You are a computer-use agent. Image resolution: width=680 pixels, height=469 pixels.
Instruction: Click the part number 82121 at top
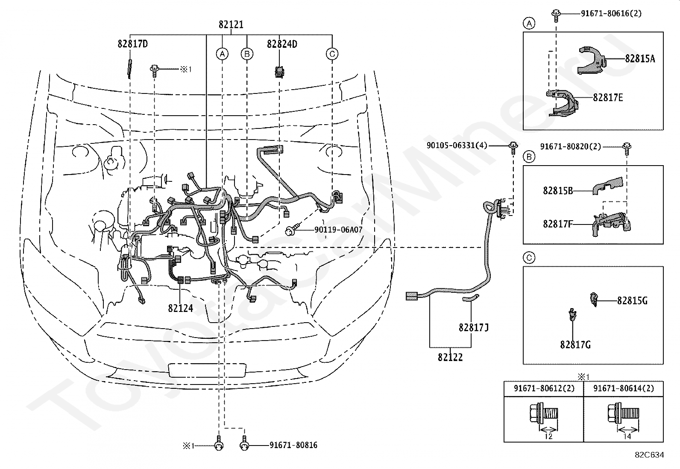coord(231,25)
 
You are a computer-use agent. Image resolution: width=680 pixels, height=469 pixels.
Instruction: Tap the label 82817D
coord(133,44)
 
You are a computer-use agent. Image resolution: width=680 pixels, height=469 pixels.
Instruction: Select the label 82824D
coord(282,44)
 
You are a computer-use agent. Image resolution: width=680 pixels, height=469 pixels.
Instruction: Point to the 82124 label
coord(181,308)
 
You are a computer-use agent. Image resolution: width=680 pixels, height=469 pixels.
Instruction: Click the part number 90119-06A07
coord(338,230)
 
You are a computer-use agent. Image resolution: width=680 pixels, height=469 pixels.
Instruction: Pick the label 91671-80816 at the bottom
coord(293,445)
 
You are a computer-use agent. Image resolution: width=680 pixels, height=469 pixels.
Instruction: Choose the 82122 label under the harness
coord(450,357)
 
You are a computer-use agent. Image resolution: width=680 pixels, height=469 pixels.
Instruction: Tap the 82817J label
coord(474,328)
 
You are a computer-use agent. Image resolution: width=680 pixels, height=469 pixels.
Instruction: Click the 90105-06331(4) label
coord(457,146)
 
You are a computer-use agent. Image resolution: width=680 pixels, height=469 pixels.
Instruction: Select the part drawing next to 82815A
coord(592,60)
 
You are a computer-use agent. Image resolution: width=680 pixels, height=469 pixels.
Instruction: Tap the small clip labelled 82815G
coord(594,300)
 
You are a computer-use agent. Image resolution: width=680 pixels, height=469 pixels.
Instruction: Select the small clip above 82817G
coord(572,315)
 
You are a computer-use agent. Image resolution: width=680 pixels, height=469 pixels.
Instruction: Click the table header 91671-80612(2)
coord(544,388)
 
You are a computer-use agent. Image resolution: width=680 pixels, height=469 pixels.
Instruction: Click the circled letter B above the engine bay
coord(247,54)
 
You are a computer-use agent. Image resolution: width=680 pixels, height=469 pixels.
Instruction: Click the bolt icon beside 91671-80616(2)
coord(556,15)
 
